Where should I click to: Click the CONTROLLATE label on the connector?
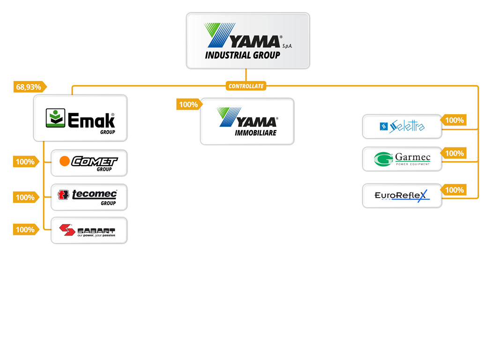(246, 86)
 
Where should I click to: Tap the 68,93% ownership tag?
(30, 87)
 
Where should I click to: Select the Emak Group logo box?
(80, 118)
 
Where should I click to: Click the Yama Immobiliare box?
(247, 121)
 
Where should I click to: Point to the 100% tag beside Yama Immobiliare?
(188, 104)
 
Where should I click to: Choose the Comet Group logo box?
(89, 163)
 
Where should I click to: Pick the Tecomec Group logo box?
(89, 197)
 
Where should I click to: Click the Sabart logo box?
(89, 230)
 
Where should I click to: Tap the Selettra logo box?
(402, 126)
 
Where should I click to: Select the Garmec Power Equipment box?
(402, 159)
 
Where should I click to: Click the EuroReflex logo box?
(402, 196)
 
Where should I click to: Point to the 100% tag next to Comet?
(26, 162)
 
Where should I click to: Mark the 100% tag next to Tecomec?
(26, 198)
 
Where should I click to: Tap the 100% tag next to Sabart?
(26, 229)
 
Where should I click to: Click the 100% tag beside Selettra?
(454, 120)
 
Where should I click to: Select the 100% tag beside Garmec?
(454, 153)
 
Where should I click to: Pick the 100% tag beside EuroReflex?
(454, 190)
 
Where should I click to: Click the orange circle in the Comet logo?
(65, 162)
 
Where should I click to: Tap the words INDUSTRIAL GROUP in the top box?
(242, 55)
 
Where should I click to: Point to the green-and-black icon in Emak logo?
(55, 118)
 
